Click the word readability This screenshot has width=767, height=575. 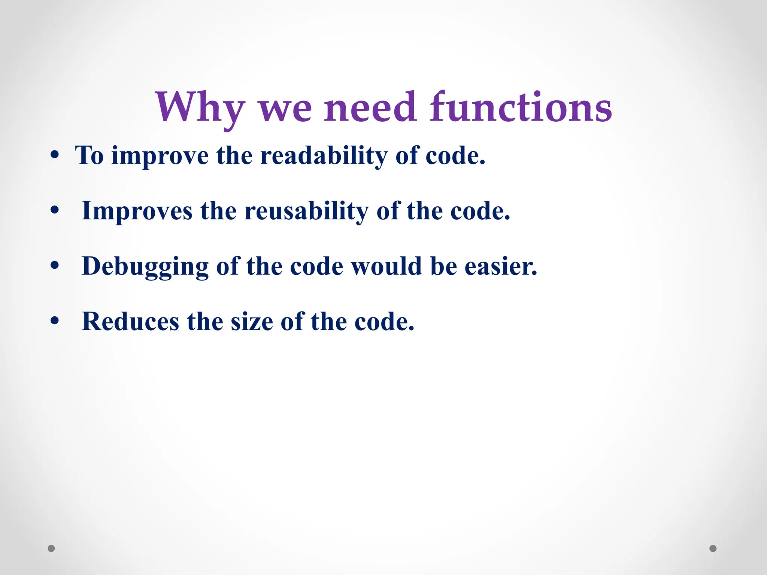click(324, 155)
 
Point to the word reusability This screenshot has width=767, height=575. click(306, 211)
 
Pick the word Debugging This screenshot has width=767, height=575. click(145, 266)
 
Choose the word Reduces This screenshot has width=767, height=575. click(130, 322)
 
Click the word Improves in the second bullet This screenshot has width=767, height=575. click(137, 211)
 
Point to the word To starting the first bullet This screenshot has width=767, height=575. click(90, 155)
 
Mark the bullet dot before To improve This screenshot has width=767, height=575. click(55, 155)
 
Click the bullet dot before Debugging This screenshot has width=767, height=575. click(55, 266)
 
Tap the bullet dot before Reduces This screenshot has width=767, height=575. click(55, 321)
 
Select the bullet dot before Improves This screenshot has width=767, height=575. click(55, 210)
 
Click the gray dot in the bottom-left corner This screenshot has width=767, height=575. click(51, 548)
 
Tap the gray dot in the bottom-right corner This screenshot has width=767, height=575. click(713, 548)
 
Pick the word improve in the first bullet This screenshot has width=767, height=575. click(160, 156)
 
